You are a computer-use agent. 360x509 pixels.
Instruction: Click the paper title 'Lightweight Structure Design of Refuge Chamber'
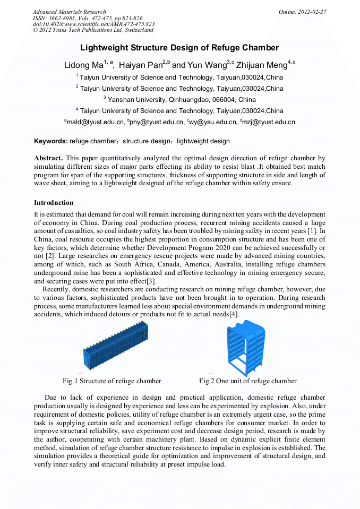179,48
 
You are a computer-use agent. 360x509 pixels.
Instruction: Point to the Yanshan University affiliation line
179,99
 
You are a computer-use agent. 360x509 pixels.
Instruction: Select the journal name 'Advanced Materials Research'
69,12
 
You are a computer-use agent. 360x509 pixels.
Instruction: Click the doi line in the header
93,24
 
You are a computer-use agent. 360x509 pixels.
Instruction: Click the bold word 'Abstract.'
49,158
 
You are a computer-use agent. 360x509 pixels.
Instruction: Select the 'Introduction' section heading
54,203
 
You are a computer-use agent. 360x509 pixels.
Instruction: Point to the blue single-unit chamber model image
245,347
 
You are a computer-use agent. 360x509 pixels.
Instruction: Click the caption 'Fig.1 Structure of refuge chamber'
112,381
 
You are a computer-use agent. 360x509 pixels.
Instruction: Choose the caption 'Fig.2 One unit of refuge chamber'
247,381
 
